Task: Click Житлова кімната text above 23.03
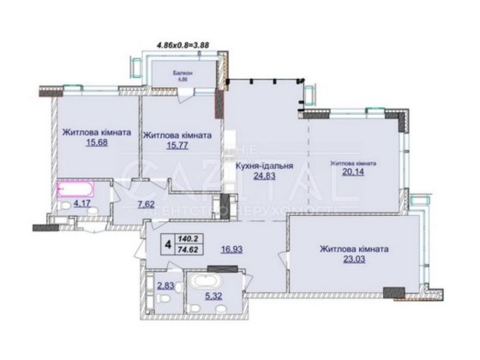click(353, 249)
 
